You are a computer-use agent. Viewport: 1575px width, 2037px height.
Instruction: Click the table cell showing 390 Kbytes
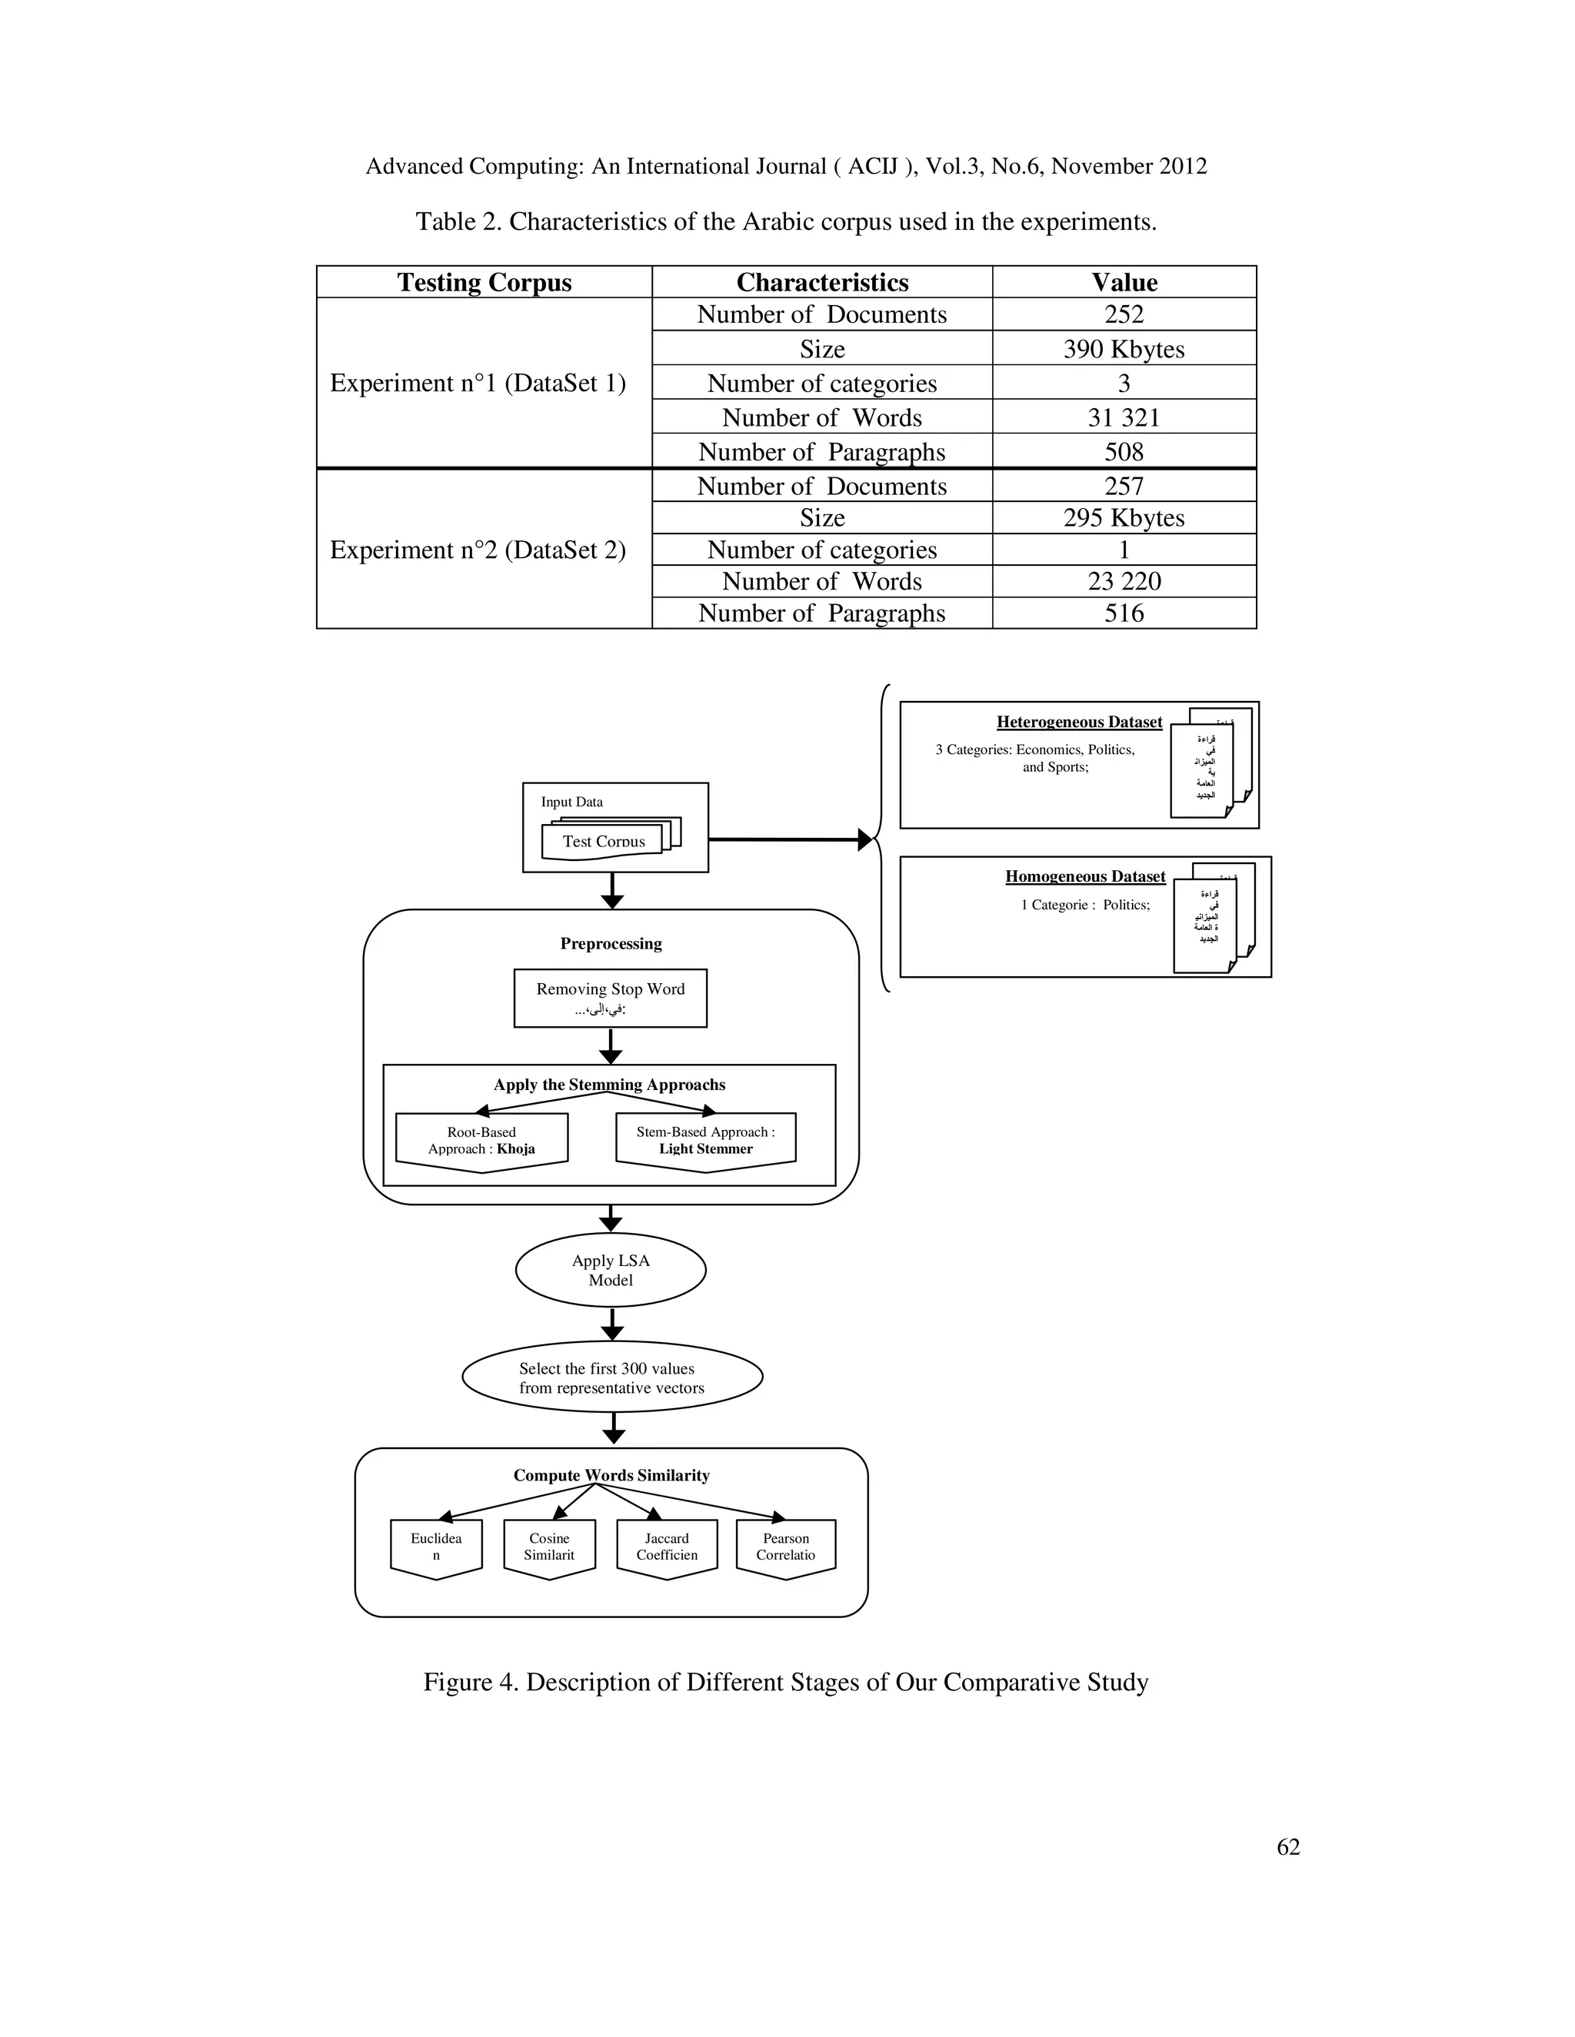coord(1124,349)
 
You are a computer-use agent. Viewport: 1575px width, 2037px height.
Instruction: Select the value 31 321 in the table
coord(1124,417)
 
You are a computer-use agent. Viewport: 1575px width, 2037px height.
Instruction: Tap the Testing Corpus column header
coord(484,281)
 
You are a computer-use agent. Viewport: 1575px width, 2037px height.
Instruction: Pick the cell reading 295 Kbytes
coord(1124,517)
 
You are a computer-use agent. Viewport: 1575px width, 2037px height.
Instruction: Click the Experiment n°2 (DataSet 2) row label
coord(478,550)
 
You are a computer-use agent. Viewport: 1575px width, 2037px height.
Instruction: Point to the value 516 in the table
coord(1124,613)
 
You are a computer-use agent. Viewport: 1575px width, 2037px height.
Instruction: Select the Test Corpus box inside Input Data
coord(604,840)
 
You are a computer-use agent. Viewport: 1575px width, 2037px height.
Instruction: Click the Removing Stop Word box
coord(610,997)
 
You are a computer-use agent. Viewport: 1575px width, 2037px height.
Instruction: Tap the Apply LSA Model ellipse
coord(610,1269)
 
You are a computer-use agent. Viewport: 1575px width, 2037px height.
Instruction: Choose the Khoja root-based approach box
coord(481,1141)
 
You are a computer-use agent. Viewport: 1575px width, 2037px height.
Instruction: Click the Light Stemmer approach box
coord(705,1141)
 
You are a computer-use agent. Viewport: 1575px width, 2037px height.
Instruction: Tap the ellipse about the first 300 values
coord(612,1377)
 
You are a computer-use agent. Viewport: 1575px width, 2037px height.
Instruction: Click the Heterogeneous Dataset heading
coord(1079,722)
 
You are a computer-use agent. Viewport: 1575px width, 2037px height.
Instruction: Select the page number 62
coord(1287,1846)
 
